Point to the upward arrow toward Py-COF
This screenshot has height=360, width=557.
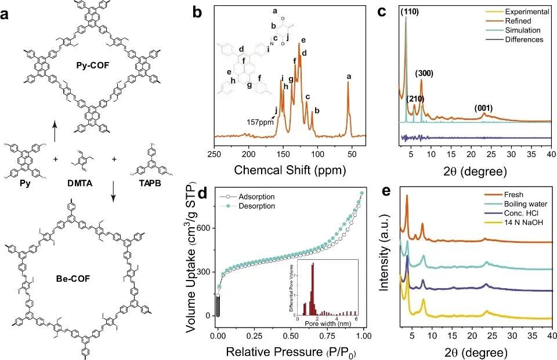coord(55,131)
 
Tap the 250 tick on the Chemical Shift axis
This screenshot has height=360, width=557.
coord(215,155)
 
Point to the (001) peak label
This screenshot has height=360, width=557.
coord(483,108)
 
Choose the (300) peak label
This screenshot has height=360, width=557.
coord(425,74)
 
